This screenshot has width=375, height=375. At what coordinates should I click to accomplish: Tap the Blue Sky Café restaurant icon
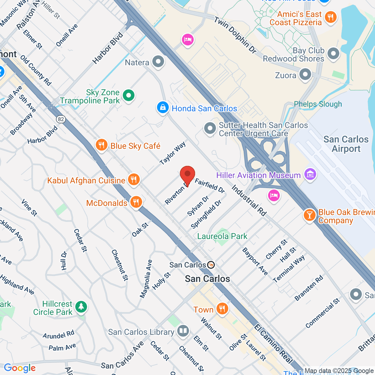click(101, 145)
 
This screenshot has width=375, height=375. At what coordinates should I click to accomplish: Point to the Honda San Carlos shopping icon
click(162, 108)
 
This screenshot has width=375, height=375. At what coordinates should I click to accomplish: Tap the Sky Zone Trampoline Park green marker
click(128, 96)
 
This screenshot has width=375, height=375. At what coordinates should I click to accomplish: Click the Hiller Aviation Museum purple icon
click(310, 174)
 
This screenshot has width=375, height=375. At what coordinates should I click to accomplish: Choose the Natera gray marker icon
click(158, 62)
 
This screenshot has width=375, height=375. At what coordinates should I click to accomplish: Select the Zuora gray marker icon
click(305, 75)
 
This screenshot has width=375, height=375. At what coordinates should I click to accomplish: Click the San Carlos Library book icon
click(183, 331)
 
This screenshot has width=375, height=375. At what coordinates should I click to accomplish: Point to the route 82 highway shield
click(61, 119)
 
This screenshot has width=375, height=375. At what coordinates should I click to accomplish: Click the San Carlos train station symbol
click(211, 265)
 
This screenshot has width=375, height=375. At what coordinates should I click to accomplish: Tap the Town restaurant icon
click(222, 309)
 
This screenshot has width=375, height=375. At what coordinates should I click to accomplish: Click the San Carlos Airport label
click(346, 144)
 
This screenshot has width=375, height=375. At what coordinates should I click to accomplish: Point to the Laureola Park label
click(222, 236)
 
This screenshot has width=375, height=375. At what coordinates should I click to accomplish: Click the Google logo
click(20, 368)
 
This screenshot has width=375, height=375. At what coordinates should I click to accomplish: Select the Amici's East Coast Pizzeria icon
click(330, 17)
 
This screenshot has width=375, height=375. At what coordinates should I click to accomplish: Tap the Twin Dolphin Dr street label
click(235, 35)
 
